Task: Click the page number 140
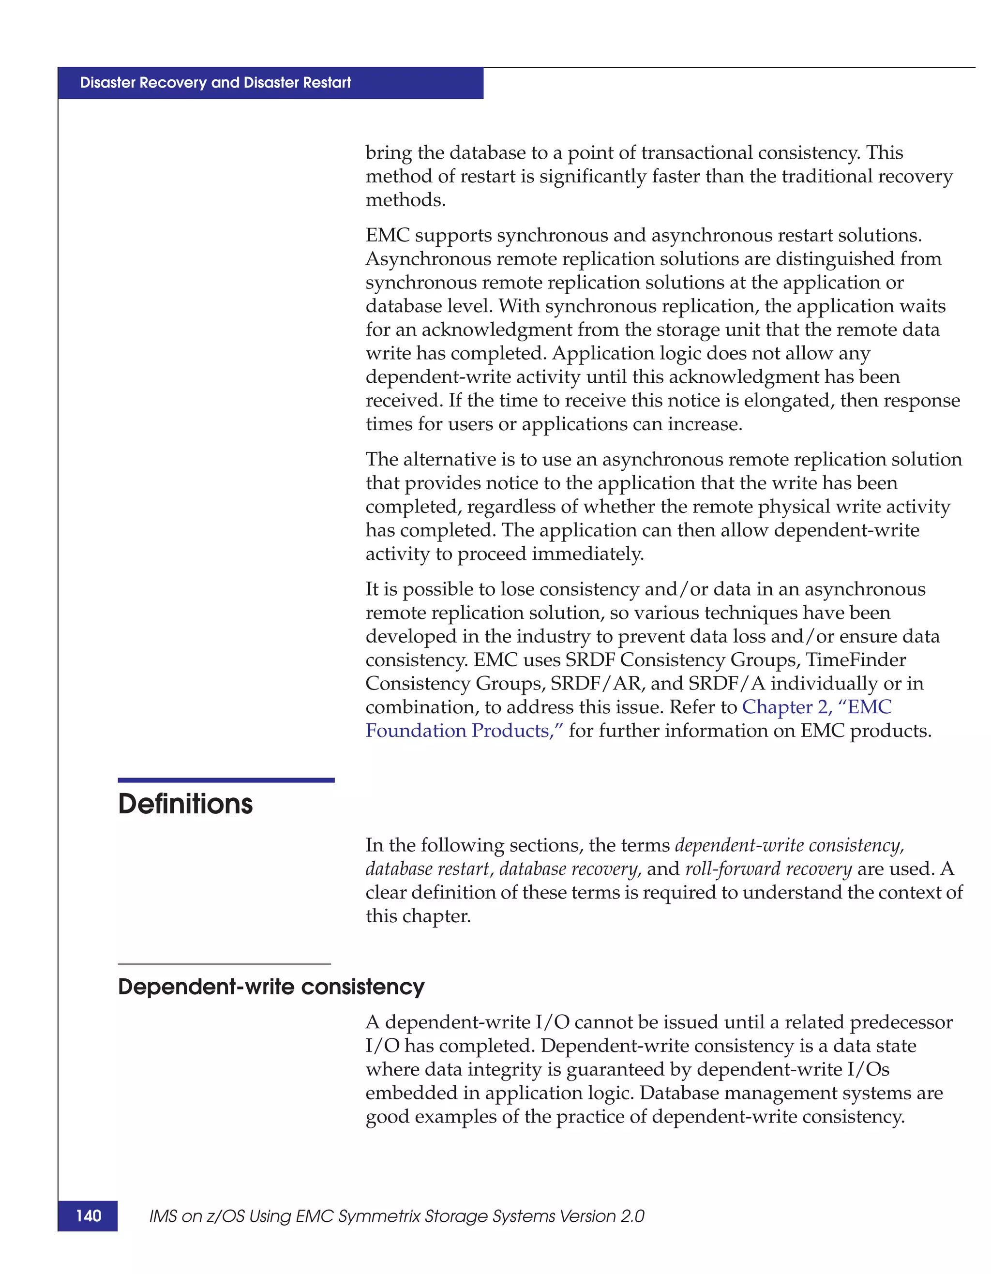click(88, 1215)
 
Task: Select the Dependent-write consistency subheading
click(271, 987)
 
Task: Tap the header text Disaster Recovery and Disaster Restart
click(215, 83)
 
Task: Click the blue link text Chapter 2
click(786, 707)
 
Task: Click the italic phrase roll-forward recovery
click(768, 869)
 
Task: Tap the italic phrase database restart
click(427, 869)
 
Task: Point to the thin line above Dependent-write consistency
click(224, 964)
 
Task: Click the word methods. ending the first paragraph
click(405, 200)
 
